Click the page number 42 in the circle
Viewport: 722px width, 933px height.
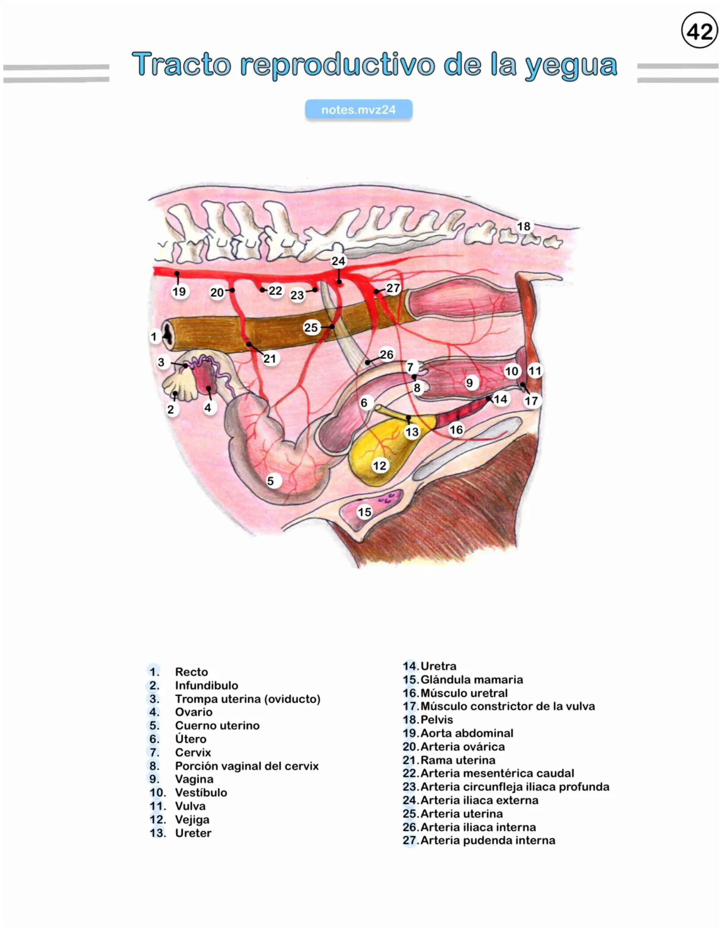700,31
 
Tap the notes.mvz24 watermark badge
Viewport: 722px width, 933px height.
358,110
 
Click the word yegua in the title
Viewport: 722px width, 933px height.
571,65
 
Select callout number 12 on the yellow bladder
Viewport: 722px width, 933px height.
379,465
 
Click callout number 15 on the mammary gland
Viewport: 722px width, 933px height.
364,512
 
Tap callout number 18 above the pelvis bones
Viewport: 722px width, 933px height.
524,226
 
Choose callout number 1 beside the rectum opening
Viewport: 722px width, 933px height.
154,337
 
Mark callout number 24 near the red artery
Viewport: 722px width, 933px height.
338,261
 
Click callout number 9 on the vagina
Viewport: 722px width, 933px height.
470,383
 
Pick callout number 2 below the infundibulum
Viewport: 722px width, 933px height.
171,409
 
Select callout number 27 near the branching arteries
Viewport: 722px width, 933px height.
393,288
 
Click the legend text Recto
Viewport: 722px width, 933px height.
191,672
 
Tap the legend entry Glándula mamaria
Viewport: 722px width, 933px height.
471,680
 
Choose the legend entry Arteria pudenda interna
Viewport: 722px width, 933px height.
487,840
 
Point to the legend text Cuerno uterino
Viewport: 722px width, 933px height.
217,725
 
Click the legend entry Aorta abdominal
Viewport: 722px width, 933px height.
467,733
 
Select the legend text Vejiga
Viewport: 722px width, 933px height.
192,819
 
